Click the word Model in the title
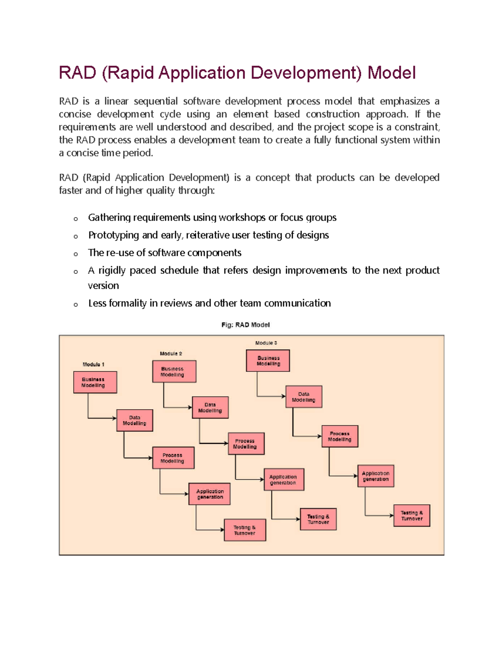pos(391,73)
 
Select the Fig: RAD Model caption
pos(245,325)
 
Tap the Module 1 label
pos(93,364)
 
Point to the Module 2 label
pos(171,354)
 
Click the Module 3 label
pos(266,343)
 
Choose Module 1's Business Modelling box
pos(95,382)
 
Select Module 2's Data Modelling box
pos(210,407)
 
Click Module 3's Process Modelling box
pos(340,436)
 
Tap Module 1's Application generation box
pos(210,494)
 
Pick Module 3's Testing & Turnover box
pos(412,516)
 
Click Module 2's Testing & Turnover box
pos(318,519)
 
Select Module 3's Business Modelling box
pos(268,361)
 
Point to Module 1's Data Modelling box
pos(134,420)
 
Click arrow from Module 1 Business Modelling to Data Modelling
pos(100,418)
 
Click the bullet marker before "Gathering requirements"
pos(76,218)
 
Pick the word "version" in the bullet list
pos(103,286)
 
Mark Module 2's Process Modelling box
pos(246,443)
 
